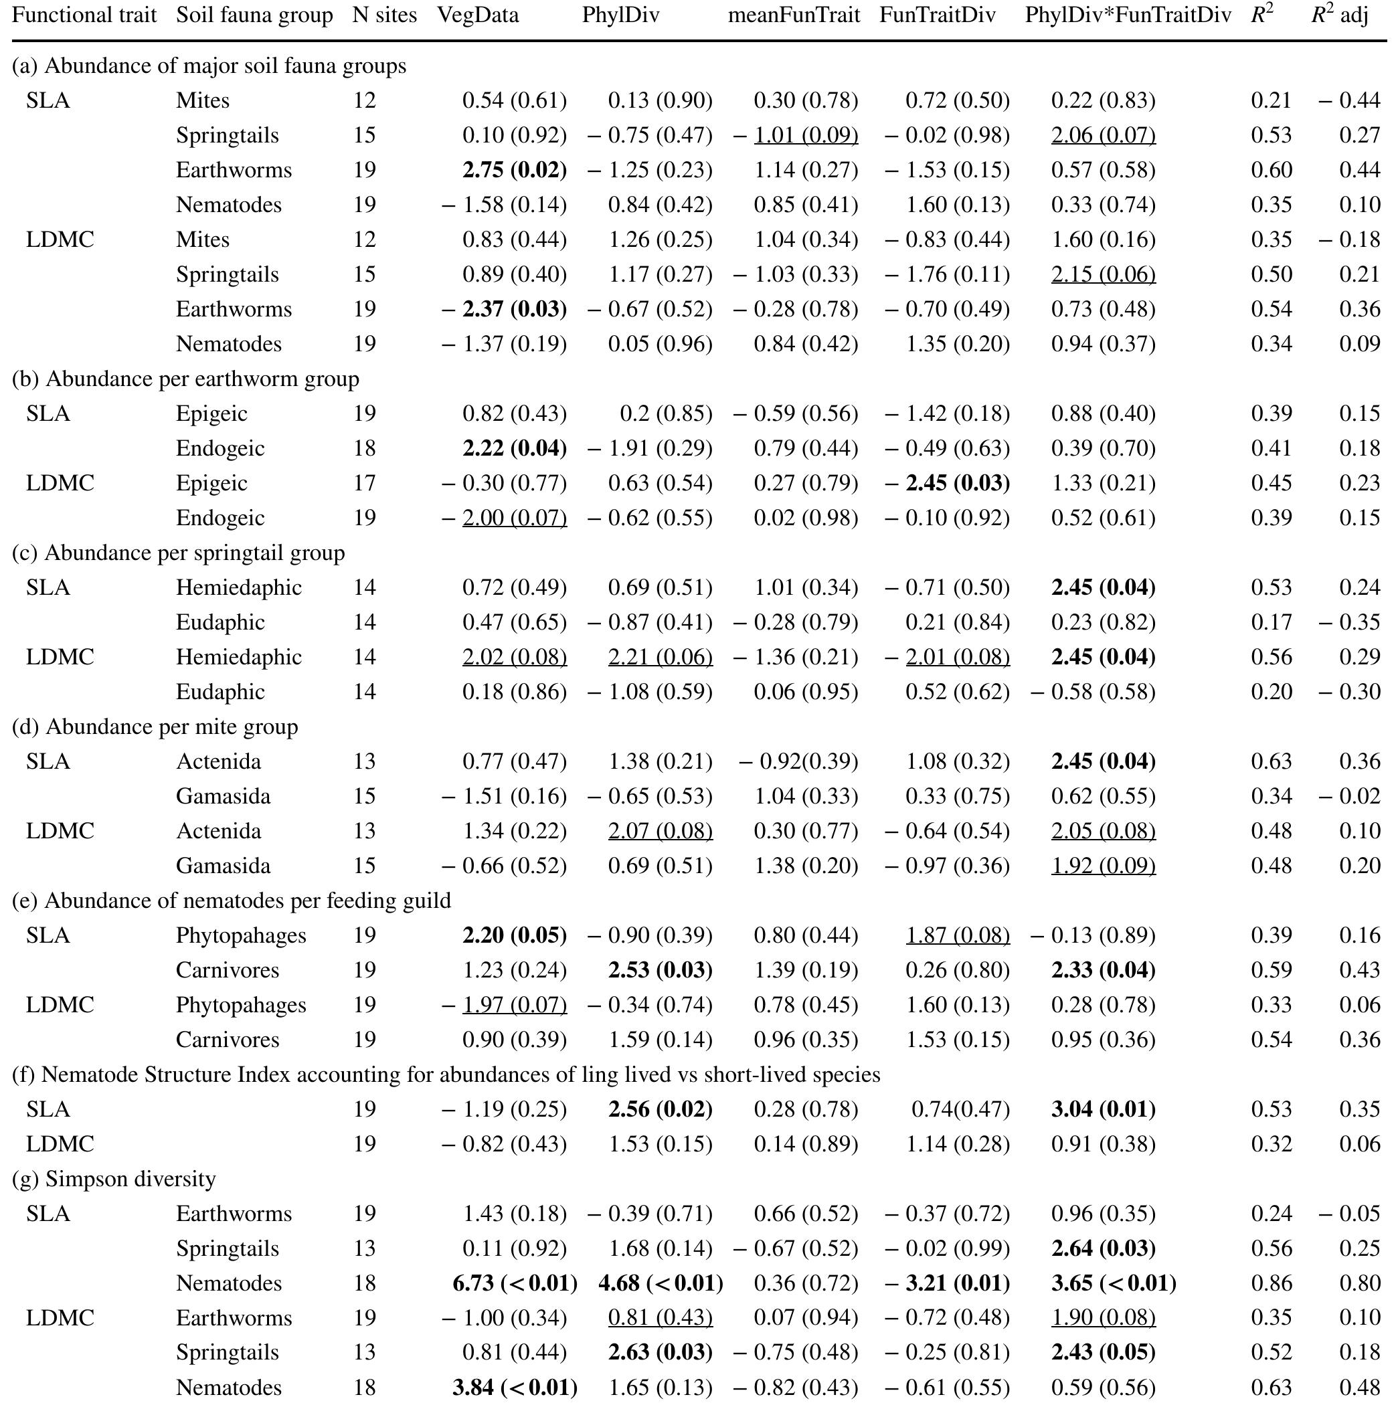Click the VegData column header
478,15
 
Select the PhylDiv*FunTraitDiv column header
1128,15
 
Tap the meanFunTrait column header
794,15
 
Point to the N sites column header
384,15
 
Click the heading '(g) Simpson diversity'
114,1179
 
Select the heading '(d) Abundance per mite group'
155,726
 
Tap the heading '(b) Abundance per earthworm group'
185,378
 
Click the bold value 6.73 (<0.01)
514,1283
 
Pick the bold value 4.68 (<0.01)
660,1283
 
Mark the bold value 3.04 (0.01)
1103,1109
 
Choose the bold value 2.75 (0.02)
514,170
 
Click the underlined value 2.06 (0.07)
1103,135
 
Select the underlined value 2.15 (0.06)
1103,274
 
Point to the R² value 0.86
1271,1283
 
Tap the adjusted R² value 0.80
1359,1283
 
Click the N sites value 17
365,483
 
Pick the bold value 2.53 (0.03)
660,970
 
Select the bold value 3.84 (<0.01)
514,1388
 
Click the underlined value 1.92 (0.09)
1103,866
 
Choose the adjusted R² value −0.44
1349,100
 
